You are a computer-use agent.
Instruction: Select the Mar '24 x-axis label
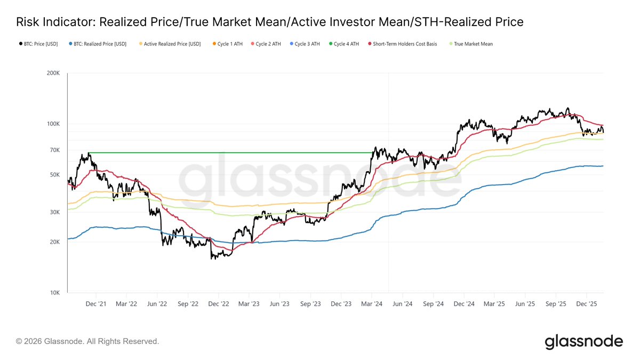(371, 303)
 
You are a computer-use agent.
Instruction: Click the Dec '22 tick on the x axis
(218, 303)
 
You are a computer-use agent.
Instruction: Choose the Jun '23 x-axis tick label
(279, 303)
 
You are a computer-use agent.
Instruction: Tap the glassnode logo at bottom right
(583, 341)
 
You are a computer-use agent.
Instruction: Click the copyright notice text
(87, 341)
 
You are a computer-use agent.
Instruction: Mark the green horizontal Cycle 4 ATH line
(229, 153)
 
